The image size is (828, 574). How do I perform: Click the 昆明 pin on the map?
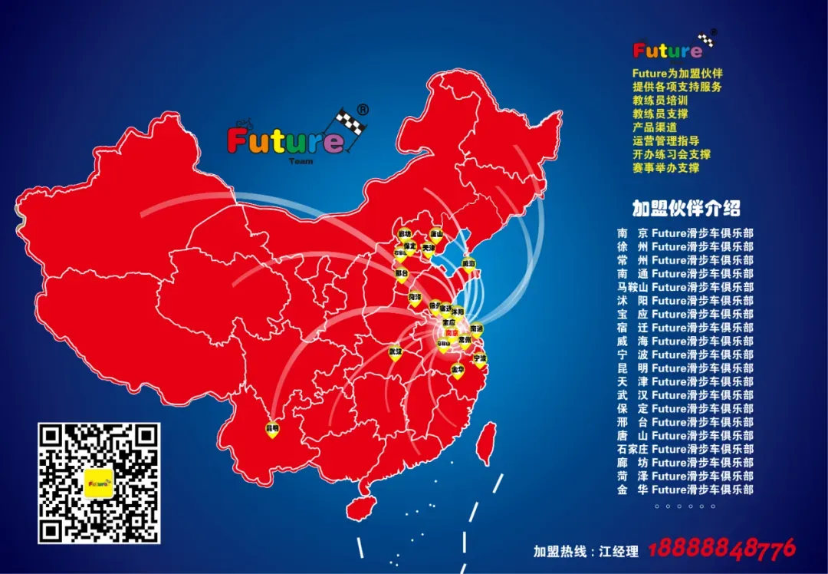[x=271, y=428]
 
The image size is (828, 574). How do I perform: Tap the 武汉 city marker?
[x=396, y=352]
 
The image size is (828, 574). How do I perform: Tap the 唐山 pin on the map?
[x=436, y=235]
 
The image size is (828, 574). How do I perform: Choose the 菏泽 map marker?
[x=415, y=298]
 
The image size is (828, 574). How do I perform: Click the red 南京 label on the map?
[x=450, y=332]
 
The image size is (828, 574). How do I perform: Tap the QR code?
[x=100, y=483]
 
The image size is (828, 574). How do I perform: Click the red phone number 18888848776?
[x=721, y=549]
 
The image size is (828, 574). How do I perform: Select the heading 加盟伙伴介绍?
[x=686, y=208]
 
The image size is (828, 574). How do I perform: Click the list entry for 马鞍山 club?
[x=685, y=287]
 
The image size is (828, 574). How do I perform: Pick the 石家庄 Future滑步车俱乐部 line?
[x=685, y=449]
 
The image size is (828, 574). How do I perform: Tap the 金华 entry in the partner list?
[x=685, y=490]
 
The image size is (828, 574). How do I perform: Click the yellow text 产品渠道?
[x=655, y=127]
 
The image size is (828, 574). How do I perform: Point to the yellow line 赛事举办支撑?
[x=665, y=167]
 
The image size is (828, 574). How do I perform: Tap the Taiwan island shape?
[x=485, y=444]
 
